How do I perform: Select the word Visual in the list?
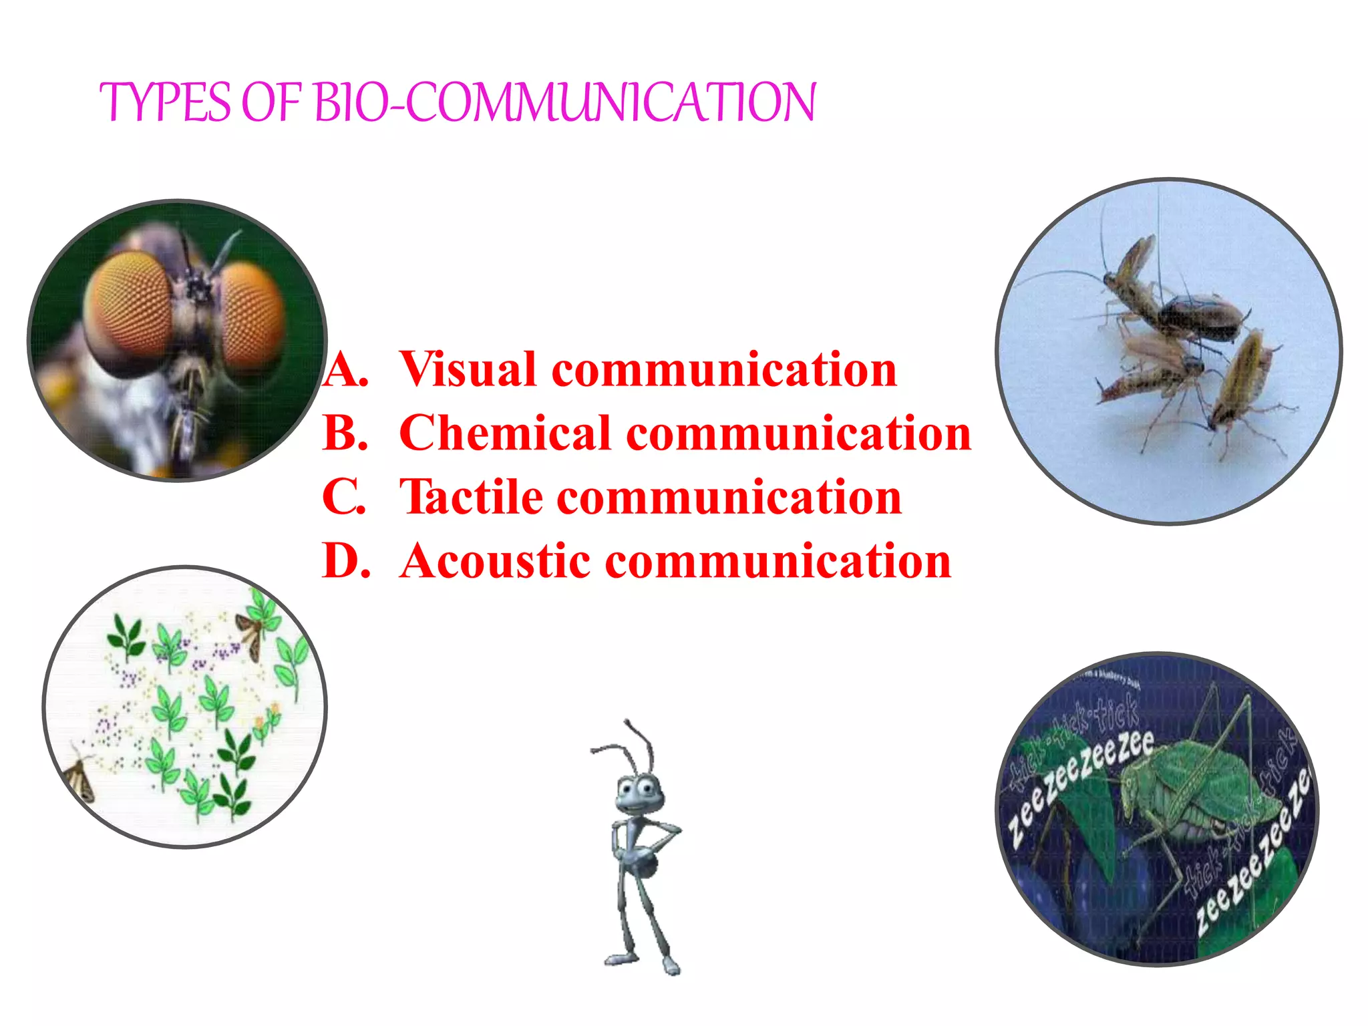point(467,369)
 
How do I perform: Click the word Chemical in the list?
point(504,433)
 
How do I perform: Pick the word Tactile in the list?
point(471,497)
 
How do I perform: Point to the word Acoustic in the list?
point(494,561)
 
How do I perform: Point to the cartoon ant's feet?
point(641,962)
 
